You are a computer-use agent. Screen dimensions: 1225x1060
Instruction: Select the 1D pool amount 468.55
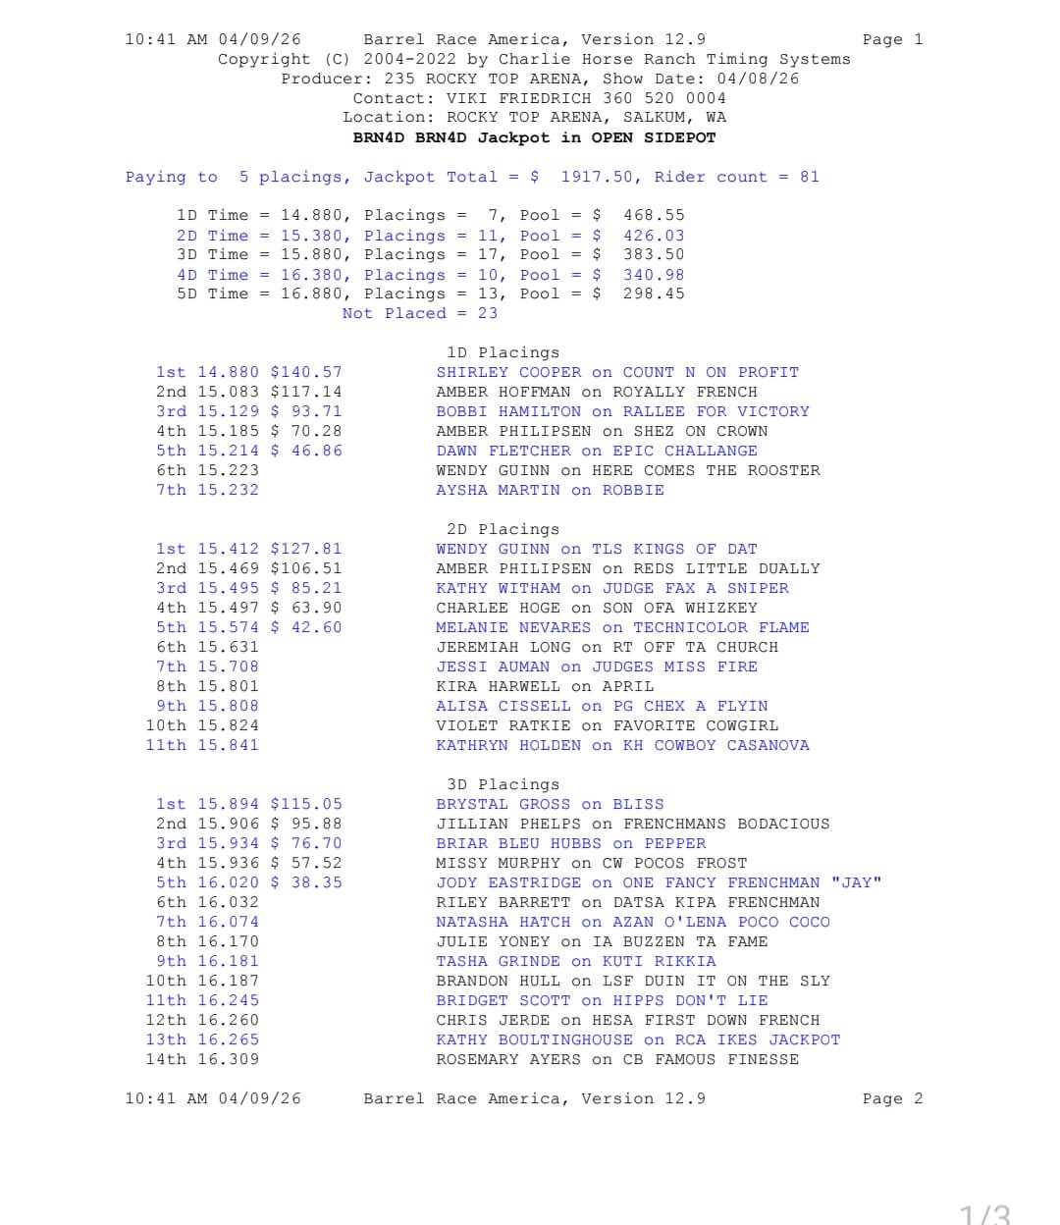coord(654,215)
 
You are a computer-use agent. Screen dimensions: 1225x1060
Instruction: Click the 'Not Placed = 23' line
coord(419,313)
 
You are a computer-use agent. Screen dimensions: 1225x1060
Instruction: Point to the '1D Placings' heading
coord(503,352)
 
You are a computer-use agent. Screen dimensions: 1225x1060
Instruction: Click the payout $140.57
coord(306,372)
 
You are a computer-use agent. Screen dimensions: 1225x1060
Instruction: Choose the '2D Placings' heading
coord(503,529)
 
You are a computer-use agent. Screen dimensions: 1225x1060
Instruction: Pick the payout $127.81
coord(306,549)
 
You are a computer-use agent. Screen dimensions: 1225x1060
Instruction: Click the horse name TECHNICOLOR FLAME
coord(721,627)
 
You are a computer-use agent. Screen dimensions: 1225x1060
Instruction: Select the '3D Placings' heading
coord(503,784)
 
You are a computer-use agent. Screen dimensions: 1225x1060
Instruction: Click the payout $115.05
coord(306,804)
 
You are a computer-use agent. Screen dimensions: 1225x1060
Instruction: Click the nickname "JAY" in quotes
coord(856,882)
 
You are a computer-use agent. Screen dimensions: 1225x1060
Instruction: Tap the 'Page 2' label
coord(892,1098)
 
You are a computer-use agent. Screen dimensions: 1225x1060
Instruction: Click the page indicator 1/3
coord(984,1214)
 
